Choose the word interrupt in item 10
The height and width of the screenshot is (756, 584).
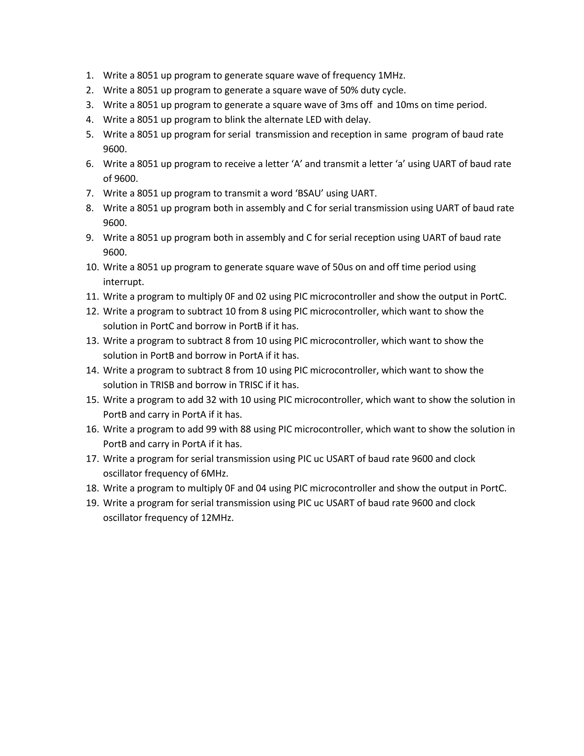pyautogui.click(x=123, y=282)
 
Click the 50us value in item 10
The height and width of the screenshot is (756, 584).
pyautogui.click(x=343, y=267)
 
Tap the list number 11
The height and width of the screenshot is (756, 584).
pyautogui.click(x=92, y=297)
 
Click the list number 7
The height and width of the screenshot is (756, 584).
pyautogui.click(x=90, y=193)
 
